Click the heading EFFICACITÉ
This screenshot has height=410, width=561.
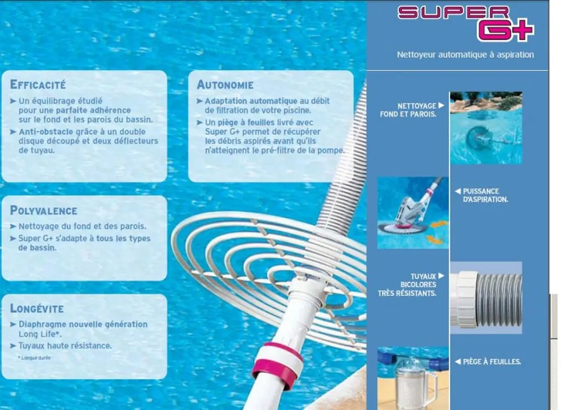(x=38, y=85)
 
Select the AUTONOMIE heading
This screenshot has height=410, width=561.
(x=225, y=85)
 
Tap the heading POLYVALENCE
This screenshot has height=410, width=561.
(x=44, y=211)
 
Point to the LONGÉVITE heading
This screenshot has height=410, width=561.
(x=37, y=309)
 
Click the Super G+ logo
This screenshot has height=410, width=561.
(x=465, y=24)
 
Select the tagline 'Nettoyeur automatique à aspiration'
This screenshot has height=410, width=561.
(x=465, y=55)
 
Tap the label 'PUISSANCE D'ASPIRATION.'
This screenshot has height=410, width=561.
(x=485, y=196)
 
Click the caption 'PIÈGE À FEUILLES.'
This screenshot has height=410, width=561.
(x=491, y=362)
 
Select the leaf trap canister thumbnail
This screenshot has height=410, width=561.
(x=413, y=378)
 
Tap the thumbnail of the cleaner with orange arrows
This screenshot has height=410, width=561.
(x=413, y=213)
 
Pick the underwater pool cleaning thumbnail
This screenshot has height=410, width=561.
(x=486, y=128)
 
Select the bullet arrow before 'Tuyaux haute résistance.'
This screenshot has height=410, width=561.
(x=13, y=346)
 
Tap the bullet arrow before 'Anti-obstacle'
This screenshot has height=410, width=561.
(x=13, y=132)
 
